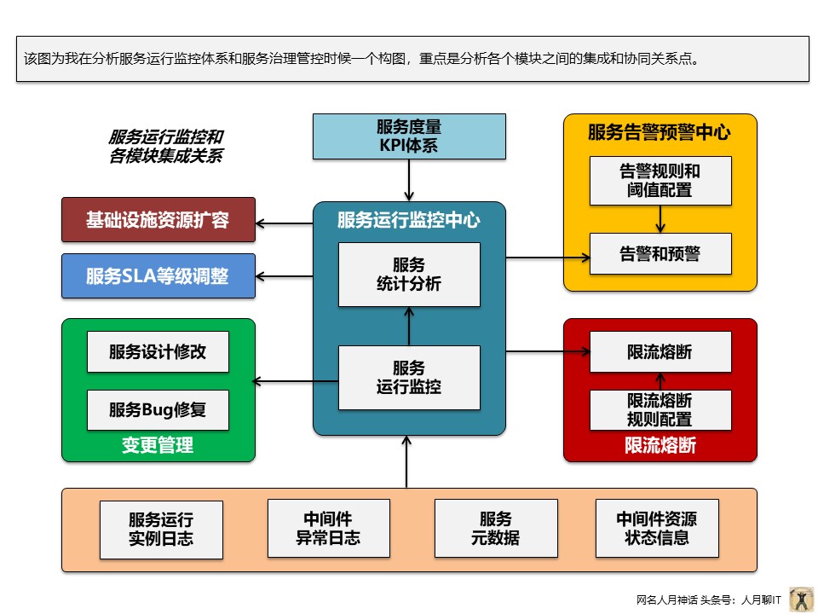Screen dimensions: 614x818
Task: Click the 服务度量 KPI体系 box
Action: tap(408, 136)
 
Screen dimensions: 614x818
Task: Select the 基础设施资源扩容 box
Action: tap(158, 220)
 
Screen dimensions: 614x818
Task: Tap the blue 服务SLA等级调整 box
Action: tap(158, 276)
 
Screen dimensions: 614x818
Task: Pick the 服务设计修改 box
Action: tap(158, 351)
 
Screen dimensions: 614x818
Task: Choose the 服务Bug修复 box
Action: tap(158, 409)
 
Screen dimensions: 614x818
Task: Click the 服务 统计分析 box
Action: tap(409, 275)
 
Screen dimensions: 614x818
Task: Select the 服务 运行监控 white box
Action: tap(409, 377)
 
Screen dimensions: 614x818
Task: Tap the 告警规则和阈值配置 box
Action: tap(660, 180)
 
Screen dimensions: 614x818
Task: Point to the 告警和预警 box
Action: tap(660, 253)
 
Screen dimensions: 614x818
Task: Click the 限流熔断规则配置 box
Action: tap(660, 409)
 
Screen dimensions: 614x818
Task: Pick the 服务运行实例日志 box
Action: tap(161, 529)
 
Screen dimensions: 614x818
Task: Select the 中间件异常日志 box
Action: tap(328, 528)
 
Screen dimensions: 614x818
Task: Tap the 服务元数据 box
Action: tap(495, 528)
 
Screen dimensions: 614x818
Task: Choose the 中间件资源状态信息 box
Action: tap(656, 528)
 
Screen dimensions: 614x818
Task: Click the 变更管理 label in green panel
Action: tap(158, 445)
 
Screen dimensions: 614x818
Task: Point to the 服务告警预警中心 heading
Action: tap(660, 132)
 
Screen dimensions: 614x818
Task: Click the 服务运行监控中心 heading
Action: tap(409, 221)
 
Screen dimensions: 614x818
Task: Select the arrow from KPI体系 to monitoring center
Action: tap(409, 180)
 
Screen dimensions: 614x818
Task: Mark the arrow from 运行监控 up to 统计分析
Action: tap(409, 326)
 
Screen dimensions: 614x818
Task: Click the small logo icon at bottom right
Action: tap(801, 599)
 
